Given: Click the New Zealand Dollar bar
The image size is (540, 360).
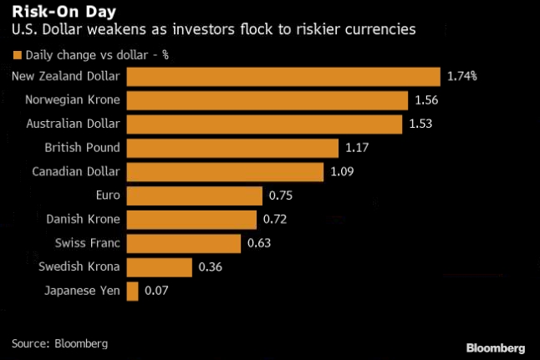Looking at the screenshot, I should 283,77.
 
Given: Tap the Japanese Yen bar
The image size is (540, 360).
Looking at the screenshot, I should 132,292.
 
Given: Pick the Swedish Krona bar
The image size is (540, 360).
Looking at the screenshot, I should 159,267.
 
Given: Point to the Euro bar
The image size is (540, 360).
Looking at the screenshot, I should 194,196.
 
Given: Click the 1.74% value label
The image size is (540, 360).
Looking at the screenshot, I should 461,77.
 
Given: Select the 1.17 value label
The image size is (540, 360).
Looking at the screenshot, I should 357,149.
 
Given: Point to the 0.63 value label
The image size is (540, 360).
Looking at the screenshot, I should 258,244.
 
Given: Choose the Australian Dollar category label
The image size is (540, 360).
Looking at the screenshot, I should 72,124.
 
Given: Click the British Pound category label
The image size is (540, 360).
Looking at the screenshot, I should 82,148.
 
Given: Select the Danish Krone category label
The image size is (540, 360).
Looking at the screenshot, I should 83,220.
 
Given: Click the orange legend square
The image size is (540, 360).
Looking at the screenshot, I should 16,56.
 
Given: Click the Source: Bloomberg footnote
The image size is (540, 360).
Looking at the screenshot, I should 59,342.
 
